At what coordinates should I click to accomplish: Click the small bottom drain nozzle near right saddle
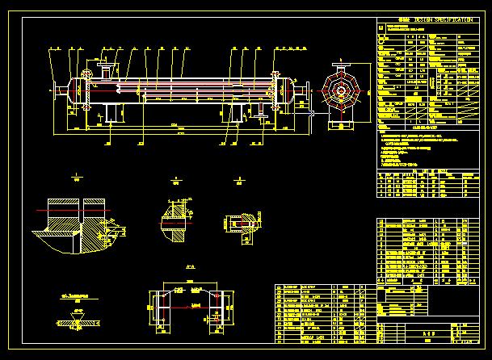pos(260,115)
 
